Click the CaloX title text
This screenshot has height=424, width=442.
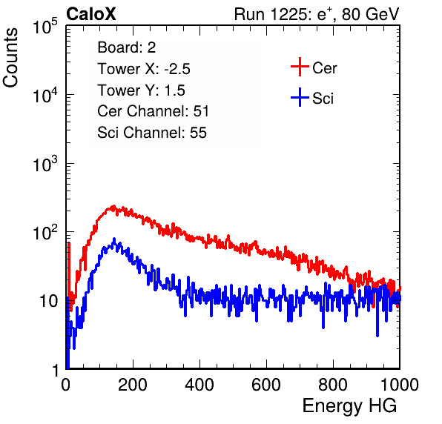(x=90, y=14)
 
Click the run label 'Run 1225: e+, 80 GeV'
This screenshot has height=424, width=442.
(x=317, y=14)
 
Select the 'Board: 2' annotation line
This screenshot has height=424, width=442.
(x=126, y=47)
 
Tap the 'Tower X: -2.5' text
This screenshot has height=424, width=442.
(x=144, y=69)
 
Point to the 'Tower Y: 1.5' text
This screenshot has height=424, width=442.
(x=141, y=90)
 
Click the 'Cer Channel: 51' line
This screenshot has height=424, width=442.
(x=153, y=111)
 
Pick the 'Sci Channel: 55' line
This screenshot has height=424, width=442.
(x=152, y=133)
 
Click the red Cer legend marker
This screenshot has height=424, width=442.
(x=300, y=67)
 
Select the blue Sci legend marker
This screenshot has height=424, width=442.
(x=300, y=97)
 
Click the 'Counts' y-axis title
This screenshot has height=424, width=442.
(x=10, y=58)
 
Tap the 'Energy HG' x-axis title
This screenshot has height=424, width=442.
(x=349, y=406)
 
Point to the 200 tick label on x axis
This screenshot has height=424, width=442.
(x=133, y=385)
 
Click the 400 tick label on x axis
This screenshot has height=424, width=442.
(x=199, y=385)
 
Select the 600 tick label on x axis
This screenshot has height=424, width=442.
(x=266, y=385)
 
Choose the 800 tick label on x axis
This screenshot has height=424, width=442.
(x=333, y=385)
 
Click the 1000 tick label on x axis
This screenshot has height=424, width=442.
(x=400, y=385)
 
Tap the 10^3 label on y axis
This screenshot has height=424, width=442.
(x=45, y=163)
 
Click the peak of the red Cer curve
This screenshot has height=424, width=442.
(x=113, y=207)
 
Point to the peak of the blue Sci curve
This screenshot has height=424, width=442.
(x=114, y=239)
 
